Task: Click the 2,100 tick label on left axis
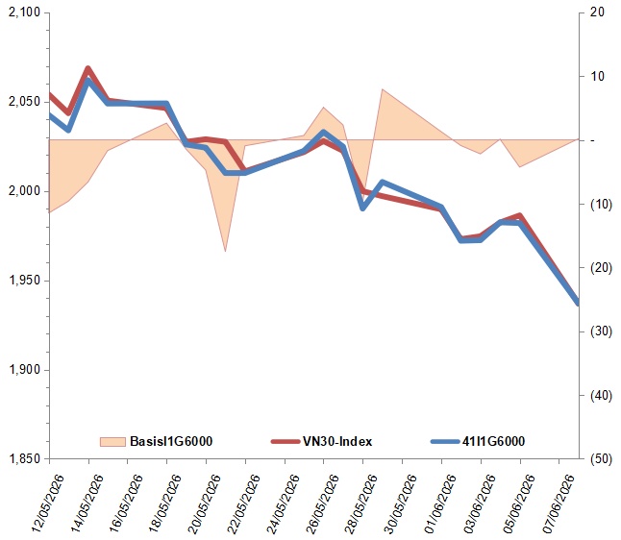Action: pos(25,12)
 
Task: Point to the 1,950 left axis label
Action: pos(25,281)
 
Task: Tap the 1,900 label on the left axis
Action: pos(25,370)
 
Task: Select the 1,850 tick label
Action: pos(25,459)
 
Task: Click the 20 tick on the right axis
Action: pos(597,12)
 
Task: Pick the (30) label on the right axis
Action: pos(601,331)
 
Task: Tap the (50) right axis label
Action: pos(601,459)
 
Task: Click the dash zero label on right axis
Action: pos(592,140)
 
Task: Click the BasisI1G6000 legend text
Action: pos(171,441)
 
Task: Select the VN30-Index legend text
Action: pos(337,441)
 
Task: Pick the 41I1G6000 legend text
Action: pos(493,441)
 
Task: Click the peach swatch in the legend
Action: pos(112,442)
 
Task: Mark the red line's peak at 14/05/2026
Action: pos(87,68)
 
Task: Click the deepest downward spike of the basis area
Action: pos(225,251)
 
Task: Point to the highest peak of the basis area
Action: pos(383,89)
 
